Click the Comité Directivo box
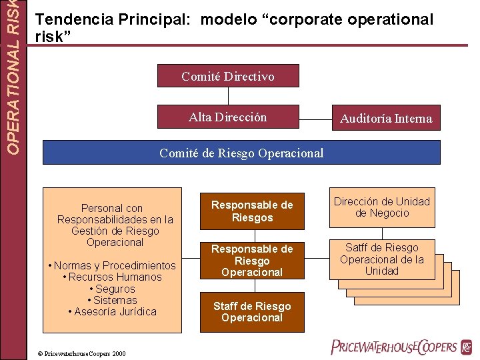(228, 76)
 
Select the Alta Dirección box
(228, 117)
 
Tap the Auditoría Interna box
(386, 119)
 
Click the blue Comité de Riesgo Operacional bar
(241, 153)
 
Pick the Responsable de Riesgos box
(252, 211)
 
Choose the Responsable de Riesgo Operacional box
(252, 260)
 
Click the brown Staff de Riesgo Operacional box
(252, 311)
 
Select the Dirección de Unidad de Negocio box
(382, 207)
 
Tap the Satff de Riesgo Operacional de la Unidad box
(382, 259)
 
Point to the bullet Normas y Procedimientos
(112, 265)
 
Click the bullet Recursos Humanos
(112, 277)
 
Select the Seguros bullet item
(112, 289)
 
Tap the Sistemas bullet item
(112, 300)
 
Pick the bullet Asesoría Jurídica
(112, 311)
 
